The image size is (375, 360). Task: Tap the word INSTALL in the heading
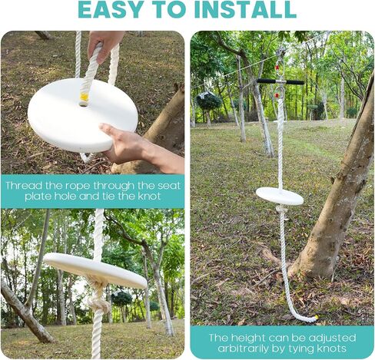245,10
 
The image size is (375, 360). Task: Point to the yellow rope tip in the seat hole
84,97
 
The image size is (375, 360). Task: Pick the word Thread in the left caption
24,186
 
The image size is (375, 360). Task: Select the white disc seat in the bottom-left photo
95,269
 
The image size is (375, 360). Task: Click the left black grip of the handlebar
267,81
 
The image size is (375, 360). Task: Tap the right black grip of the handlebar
295,82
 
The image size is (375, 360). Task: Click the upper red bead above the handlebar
277,68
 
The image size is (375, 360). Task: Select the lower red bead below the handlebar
277,95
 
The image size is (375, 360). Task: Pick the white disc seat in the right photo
280,197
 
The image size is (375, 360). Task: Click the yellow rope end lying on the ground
317,318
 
